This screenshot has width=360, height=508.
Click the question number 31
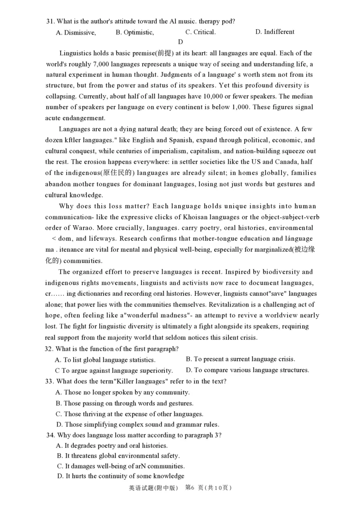[x=50, y=21]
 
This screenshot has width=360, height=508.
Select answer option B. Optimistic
[x=135, y=32]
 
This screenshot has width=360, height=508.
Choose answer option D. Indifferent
[x=274, y=32]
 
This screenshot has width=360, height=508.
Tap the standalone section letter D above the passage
[x=180, y=42]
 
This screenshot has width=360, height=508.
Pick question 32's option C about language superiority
[x=114, y=371]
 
